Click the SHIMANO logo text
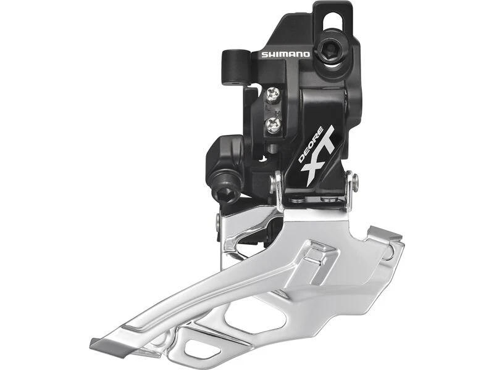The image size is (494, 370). [x=285, y=54]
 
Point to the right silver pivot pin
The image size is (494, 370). [x=351, y=183]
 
